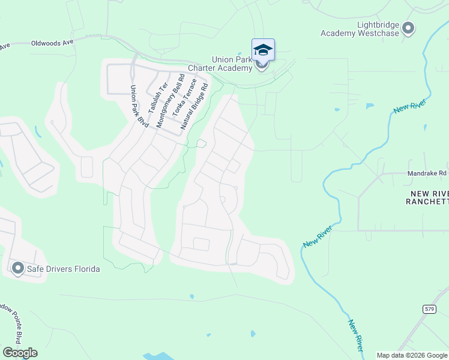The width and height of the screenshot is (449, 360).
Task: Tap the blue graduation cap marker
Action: tap(263, 49)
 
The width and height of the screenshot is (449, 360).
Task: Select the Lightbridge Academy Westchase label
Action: tap(360, 29)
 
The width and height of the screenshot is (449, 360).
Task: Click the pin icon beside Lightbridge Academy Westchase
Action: tap(409, 28)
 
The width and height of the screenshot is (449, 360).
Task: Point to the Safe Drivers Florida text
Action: tap(63, 269)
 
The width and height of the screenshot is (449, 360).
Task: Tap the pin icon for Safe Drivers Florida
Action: tap(17, 268)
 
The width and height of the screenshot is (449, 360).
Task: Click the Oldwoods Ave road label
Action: tap(52, 43)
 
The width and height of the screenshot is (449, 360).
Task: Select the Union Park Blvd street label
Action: tap(139, 106)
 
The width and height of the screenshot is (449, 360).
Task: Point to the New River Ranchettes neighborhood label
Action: tap(427, 197)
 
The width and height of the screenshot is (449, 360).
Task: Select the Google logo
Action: tap(20, 353)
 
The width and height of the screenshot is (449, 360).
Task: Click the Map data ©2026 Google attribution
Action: tap(412, 355)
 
